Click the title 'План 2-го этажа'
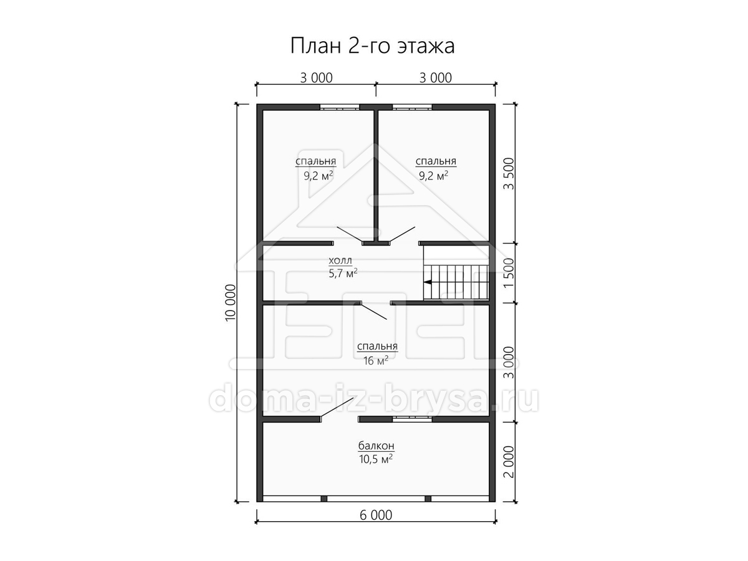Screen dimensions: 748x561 373,46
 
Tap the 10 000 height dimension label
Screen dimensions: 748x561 231,302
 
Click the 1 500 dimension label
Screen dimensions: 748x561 509,273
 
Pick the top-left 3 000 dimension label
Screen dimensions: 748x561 316,78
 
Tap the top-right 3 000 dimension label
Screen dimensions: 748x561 436,78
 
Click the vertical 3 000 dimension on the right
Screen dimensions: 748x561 509,362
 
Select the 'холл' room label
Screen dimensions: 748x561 340,261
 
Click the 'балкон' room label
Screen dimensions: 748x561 376,446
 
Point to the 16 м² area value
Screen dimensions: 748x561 375,360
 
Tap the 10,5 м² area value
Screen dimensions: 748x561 376,459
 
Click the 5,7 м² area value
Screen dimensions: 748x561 343,273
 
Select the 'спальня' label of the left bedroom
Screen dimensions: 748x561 315,161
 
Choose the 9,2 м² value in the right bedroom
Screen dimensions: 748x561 433,176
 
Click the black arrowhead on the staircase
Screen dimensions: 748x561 428,282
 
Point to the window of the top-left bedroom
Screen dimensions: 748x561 340,107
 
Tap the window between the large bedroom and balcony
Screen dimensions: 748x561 413,420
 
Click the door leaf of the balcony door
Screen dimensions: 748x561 337,407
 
